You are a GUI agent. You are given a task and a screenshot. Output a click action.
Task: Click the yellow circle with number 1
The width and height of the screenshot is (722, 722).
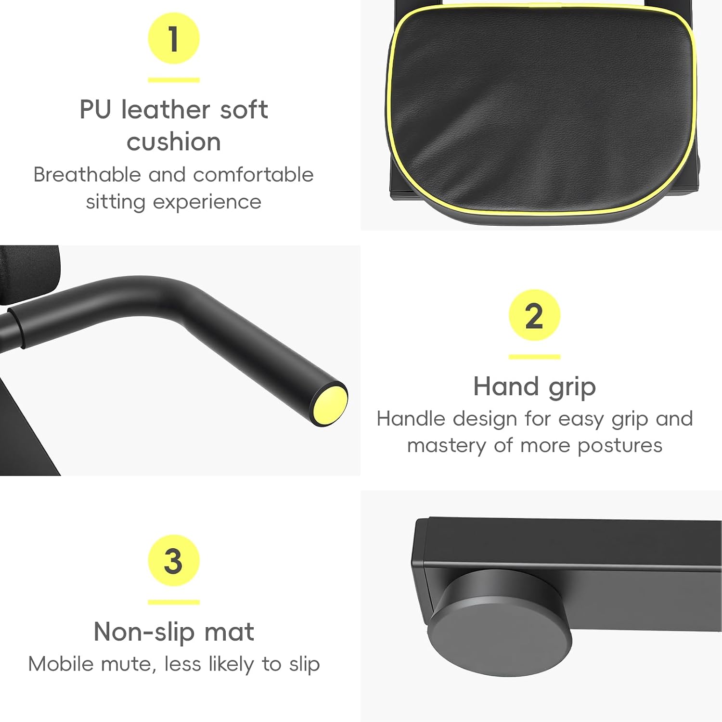[x=174, y=39]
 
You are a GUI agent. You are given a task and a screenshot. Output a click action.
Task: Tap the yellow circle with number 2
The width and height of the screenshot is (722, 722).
[x=534, y=315]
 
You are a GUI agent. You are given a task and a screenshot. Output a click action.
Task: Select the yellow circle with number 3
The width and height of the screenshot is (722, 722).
[x=174, y=560]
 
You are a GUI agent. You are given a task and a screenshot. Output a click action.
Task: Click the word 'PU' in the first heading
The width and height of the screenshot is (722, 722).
[x=95, y=109]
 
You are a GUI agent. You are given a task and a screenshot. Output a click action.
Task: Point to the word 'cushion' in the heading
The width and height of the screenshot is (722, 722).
[x=174, y=142]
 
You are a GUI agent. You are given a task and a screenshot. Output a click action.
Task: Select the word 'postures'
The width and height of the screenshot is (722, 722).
[x=620, y=446]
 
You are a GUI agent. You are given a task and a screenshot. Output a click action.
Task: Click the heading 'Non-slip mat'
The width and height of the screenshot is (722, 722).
[x=174, y=632]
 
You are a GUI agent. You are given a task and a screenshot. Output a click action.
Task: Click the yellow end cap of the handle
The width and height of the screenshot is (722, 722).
[x=330, y=403]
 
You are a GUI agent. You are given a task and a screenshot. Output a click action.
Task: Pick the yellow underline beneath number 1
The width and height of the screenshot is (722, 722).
[x=174, y=80]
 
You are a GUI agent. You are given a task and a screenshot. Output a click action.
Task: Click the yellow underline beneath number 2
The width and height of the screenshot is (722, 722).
[x=534, y=357]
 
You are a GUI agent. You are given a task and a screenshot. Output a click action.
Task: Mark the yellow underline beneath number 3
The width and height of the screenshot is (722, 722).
[x=174, y=602]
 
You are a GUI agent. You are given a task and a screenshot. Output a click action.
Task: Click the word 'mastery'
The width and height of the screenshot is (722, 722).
[x=447, y=446]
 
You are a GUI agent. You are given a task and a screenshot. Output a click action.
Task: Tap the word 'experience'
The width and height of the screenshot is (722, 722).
[x=207, y=203]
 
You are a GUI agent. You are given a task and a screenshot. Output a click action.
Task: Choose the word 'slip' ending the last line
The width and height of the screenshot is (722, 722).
[x=304, y=665]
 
